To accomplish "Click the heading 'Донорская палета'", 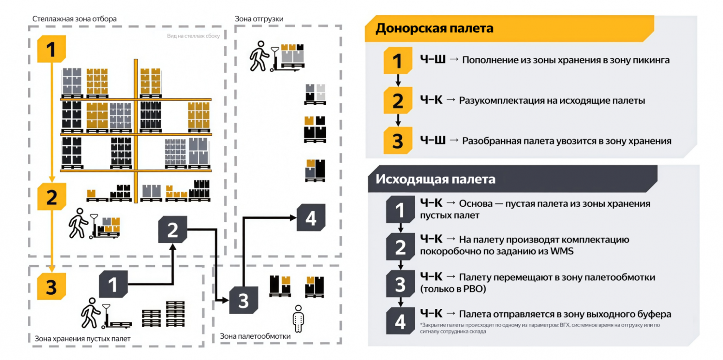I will point(434,28).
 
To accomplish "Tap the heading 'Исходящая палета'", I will point(436,179).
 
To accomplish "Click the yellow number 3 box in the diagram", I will point(51,286).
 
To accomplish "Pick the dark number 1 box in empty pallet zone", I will point(113,284).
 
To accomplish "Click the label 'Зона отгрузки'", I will point(259,19).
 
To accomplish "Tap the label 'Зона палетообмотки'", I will point(255,336).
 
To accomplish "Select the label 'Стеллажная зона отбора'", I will point(74,19).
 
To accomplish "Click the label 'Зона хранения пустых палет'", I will point(82,339).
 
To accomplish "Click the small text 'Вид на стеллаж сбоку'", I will point(193,35).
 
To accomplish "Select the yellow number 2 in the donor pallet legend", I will point(398,101).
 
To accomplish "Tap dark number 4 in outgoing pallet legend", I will point(400,321).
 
